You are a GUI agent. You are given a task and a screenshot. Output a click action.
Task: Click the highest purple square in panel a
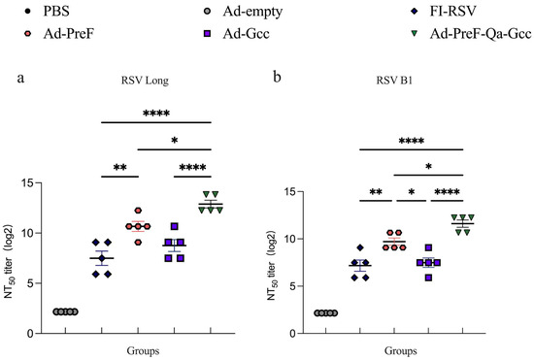175,226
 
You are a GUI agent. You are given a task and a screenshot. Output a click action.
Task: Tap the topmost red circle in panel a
138,211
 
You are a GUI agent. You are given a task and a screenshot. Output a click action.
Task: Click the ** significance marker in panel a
120,166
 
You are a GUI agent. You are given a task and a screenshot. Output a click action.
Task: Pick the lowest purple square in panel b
395,277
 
